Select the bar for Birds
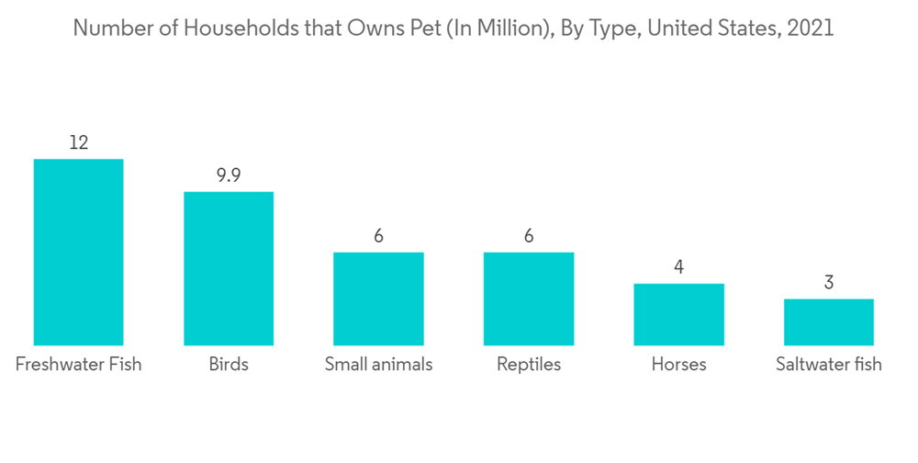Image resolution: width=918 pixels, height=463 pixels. pos(229,268)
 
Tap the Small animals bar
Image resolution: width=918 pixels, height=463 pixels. pos(378,299)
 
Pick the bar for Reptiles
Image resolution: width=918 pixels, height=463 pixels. pos(529,299)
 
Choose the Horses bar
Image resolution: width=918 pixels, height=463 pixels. pos(678,314)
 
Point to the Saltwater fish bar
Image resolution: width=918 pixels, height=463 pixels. pos(828,322)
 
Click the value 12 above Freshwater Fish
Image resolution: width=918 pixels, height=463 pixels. pos(78,142)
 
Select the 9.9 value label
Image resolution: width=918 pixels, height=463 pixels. pos(229,175)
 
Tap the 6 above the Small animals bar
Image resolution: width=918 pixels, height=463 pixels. pos(378,236)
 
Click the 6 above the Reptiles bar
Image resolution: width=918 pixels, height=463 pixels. pos(529,236)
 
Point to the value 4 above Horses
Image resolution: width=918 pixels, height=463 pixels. pos(678,267)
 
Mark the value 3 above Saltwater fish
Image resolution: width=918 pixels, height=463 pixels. pos(828,283)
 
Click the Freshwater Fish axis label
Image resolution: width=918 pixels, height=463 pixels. pos(78,365)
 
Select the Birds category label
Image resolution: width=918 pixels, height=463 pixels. pos(229,365)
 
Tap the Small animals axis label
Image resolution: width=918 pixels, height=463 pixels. pos(378,365)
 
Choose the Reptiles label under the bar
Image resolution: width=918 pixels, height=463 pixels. pos(529,365)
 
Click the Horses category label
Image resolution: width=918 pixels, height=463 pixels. pos(678,365)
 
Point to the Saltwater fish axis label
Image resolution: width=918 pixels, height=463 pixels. pos(828,365)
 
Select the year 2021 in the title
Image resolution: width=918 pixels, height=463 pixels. pos(812,28)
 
